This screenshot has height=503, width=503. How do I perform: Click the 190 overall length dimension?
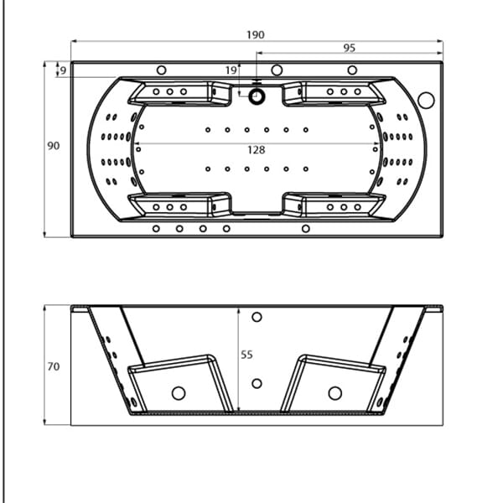point(256,34)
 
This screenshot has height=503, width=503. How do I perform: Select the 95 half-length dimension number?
point(350,48)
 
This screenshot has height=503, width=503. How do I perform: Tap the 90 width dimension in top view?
point(54,146)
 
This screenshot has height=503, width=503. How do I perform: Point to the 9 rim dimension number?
point(63,70)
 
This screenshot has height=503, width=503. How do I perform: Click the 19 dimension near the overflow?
point(231,70)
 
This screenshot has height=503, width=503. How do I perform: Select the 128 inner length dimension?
point(257,150)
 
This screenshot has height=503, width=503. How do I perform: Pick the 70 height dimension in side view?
point(54,366)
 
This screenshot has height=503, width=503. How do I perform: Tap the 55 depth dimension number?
point(246,355)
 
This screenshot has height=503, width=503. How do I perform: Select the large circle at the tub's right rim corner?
point(427,100)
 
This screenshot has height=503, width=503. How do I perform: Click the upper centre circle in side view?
point(257,317)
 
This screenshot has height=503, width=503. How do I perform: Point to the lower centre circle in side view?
point(257,383)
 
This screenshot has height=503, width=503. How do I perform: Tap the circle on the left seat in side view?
point(179,393)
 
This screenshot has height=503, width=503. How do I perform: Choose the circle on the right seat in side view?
point(334,393)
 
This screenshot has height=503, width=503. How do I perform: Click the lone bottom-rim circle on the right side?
point(306,229)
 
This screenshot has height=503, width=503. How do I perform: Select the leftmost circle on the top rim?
point(161,70)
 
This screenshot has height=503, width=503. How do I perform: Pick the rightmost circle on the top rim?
point(352,70)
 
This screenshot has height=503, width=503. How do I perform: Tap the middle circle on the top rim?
point(277,70)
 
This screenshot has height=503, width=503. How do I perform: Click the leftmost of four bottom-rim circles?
point(156,229)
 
